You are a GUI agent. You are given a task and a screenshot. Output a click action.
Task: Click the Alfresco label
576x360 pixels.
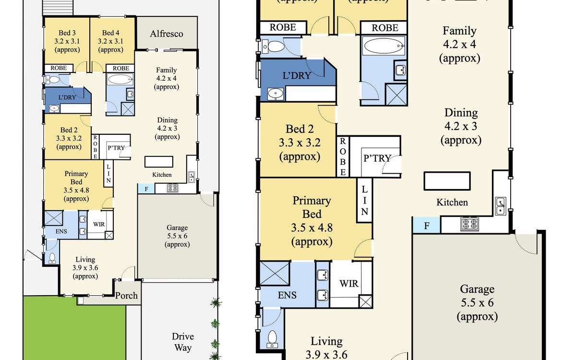pyautogui.click(x=167, y=34)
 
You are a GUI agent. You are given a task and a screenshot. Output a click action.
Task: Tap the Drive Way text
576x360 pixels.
pyautogui.click(x=183, y=342)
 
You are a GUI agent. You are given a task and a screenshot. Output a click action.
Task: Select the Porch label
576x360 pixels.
pyautogui.click(x=126, y=296)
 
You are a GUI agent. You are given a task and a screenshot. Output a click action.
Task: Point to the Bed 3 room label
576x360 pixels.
pyautogui.click(x=67, y=33)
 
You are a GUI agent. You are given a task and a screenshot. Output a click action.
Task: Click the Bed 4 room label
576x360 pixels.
pyautogui.click(x=110, y=33)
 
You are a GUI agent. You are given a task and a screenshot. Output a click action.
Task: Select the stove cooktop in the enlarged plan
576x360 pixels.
pyautogui.click(x=470, y=224)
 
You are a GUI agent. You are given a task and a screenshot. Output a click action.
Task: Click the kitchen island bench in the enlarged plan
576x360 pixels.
pyautogui.click(x=447, y=181)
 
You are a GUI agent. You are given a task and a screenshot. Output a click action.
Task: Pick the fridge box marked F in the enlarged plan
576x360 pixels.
pyautogui.click(x=426, y=226)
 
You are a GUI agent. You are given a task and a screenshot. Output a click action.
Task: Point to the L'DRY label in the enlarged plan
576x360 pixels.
pyautogui.click(x=297, y=76)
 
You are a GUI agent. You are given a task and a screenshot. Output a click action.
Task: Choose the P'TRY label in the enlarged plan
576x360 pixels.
pyautogui.click(x=377, y=158)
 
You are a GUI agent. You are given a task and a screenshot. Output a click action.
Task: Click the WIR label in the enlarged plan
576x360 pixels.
pyautogui.click(x=348, y=284)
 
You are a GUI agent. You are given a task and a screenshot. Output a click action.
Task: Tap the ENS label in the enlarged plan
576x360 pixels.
pyautogui.click(x=287, y=295)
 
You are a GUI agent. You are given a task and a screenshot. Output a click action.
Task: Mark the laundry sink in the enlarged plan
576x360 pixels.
pyautogui.click(x=276, y=94)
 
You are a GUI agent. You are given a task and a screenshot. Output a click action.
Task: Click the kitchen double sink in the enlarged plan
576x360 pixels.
pyautogui.click(x=500, y=206)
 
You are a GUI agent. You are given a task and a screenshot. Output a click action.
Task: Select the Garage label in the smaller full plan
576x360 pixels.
pyautogui.click(x=177, y=228)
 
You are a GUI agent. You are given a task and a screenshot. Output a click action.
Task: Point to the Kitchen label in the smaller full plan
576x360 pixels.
pyautogui.click(x=162, y=175)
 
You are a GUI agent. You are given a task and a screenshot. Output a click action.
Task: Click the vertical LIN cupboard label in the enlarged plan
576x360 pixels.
pyautogui.click(x=364, y=200)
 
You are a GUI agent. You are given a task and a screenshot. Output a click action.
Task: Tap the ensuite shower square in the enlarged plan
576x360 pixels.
pyautogui.click(x=275, y=273)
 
